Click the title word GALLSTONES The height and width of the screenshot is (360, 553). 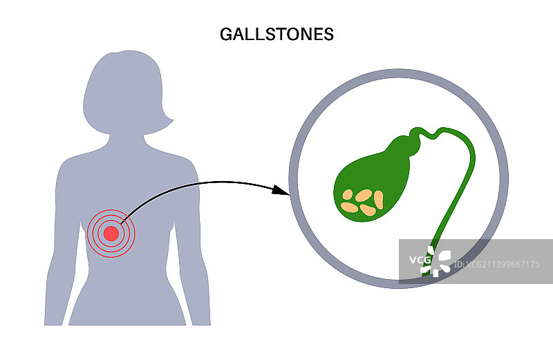tap(276, 34)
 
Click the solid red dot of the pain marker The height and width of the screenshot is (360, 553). tap(111, 233)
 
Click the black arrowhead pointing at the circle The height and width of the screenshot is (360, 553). tap(279, 189)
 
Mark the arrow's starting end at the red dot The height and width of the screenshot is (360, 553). tap(122, 222)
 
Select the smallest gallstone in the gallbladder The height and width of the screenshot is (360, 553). tap(347, 194)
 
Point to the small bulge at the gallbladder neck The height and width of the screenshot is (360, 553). tap(415, 144)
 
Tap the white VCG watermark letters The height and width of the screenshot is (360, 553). tap(419, 260)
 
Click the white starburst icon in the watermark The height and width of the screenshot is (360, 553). tap(440, 262)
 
